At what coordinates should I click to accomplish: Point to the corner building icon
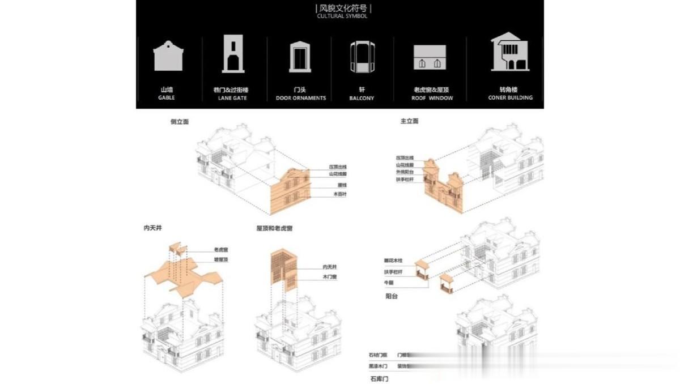(510, 52)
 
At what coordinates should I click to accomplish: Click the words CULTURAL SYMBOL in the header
(342, 16)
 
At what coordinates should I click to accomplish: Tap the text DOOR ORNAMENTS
(301, 98)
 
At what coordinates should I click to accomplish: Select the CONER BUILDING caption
(510, 98)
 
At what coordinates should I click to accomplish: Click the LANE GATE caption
(232, 98)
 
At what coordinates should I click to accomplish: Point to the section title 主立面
(409, 121)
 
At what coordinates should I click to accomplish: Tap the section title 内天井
(152, 228)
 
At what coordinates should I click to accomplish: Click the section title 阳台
(391, 296)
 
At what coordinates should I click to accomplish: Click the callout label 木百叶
(340, 194)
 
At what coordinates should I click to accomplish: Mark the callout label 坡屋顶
(220, 259)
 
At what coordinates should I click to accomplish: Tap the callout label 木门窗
(330, 277)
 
